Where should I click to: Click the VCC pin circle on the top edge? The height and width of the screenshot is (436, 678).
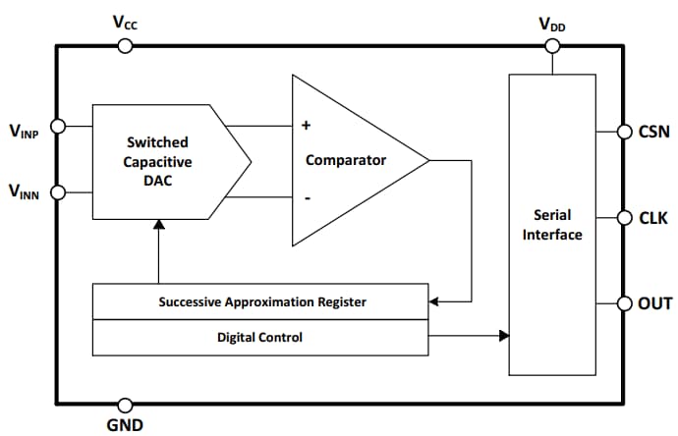[x=125, y=44]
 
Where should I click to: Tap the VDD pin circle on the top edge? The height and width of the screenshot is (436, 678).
[x=551, y=44]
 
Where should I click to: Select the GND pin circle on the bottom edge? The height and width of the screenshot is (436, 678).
[x=125, y=405]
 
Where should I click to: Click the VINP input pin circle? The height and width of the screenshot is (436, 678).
[x=57, y=126]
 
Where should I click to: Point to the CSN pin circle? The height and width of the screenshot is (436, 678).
[x=624, y=131]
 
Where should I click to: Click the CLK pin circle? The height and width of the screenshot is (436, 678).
[x=624, y=217]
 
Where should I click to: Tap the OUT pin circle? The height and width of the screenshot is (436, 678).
[x=624, y=303]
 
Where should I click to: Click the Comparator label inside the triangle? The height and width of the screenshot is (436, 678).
[x=346, y=159]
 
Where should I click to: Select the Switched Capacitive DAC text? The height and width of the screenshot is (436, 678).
[x=158, y=161]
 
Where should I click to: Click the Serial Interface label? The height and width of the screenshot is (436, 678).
[x=552, y=224]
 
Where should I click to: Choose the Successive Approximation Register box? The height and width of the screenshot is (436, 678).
[x=261, y=302]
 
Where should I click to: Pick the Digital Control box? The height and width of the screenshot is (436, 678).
[x=261, y=337]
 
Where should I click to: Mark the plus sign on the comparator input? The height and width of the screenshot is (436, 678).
[x=306, y=126]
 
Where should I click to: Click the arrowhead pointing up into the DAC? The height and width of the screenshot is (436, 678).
[x=158, y=225]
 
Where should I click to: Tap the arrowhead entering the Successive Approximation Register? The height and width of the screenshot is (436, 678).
[x=436, y=302]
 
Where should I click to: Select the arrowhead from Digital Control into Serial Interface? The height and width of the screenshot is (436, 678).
[x=503, y=337]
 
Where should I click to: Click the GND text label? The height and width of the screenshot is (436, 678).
[x=125, y=425]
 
